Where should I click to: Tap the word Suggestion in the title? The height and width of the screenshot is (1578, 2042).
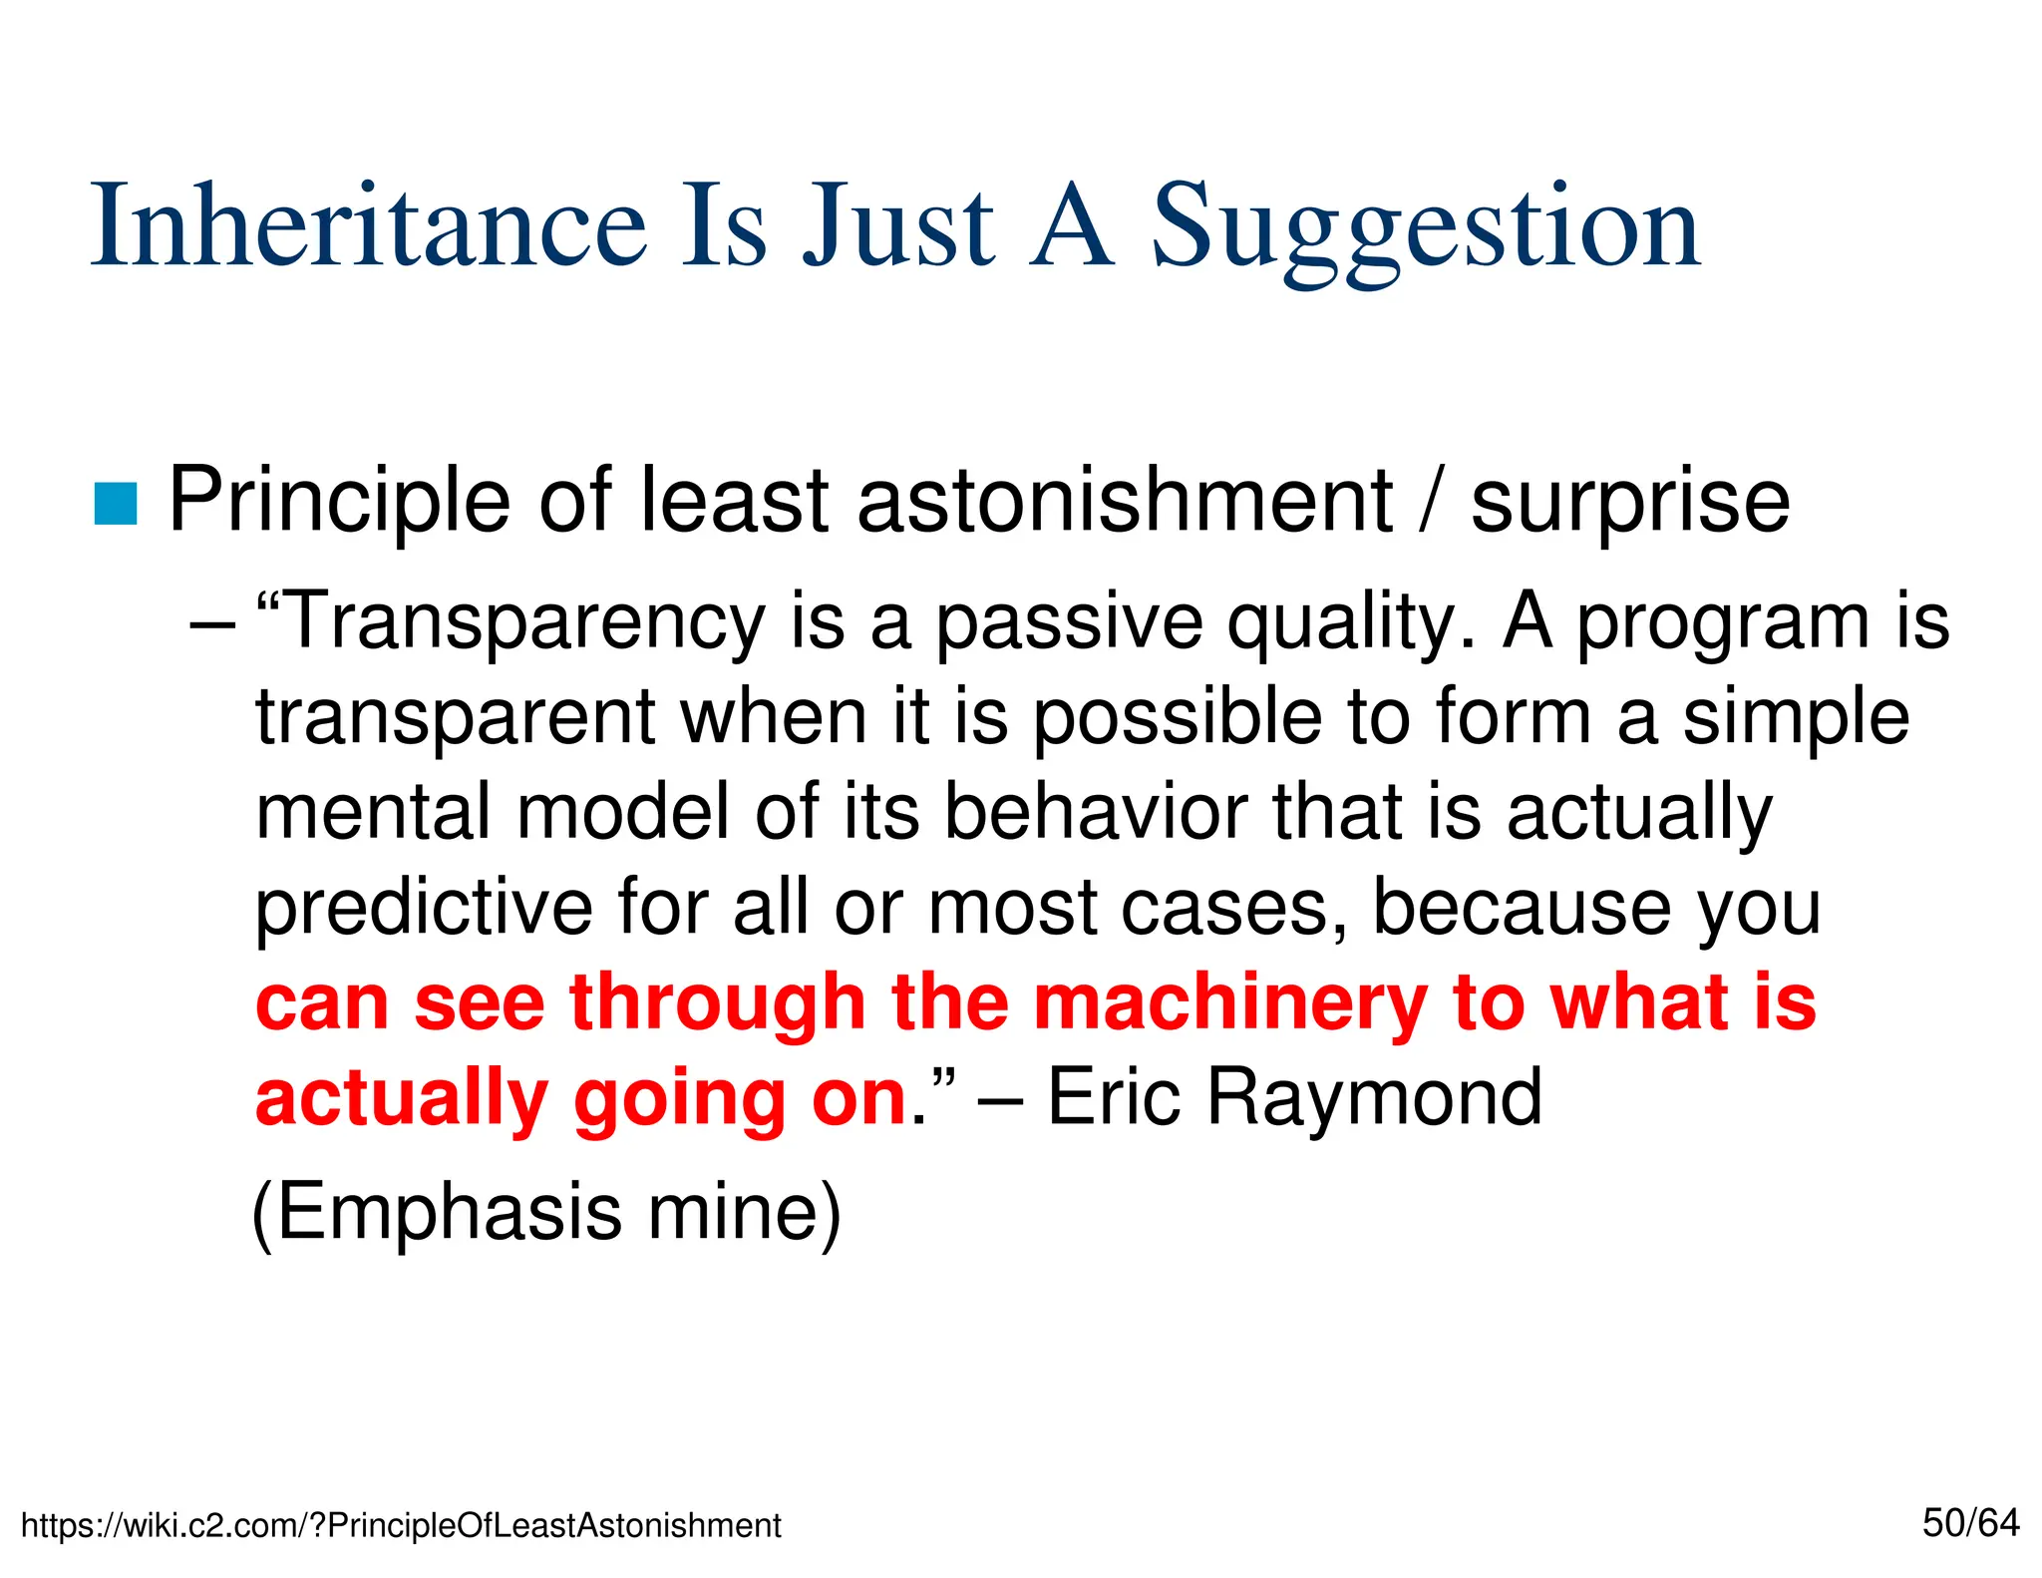1426,229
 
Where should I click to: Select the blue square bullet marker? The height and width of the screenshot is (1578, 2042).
115,503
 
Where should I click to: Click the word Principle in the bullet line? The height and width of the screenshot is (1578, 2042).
338,501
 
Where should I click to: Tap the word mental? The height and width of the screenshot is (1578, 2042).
374,812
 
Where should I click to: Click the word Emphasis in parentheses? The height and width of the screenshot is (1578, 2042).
450,1213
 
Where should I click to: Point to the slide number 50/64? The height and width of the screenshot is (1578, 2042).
1970,1523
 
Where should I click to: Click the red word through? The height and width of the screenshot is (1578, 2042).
717,1003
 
